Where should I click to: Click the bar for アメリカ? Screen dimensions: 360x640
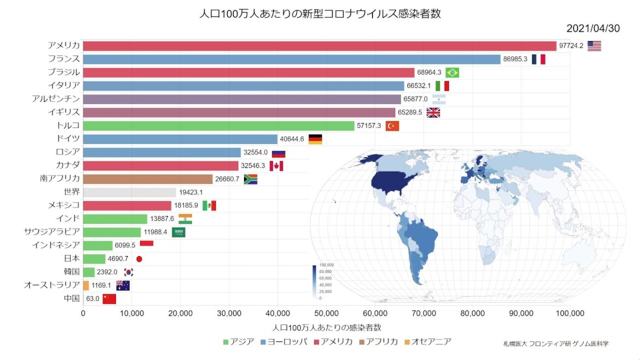[319, 46]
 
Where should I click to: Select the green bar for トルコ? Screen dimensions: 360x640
[219, 126]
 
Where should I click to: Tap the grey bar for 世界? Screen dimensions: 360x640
[130, 193]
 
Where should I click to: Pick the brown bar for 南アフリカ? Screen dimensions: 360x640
[148, 179]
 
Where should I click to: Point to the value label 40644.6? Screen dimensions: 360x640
[292, 139]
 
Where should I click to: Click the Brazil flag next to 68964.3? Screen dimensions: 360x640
[452, 73]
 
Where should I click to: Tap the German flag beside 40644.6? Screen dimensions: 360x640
[316, 139]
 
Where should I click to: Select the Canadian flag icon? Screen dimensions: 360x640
[276, 166]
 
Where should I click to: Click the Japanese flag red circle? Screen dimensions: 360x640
[139, 259]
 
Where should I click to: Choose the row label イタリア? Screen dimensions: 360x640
[64, 85]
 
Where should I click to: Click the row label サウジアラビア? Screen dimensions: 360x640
[53, 232]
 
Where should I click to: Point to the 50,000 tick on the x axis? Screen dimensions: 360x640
[326, 313]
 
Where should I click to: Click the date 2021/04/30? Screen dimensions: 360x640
[593, 28]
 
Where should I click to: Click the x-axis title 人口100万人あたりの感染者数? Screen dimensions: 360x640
[326, 328]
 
